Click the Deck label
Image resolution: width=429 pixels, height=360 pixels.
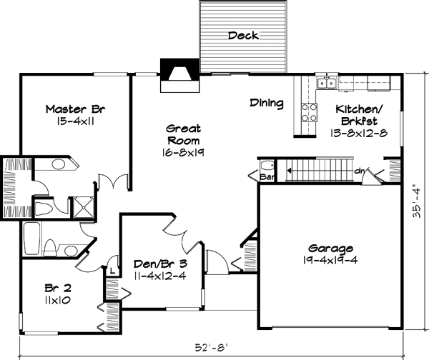pos(243,36)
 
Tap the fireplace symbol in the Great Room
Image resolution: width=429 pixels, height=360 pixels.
pos(179,75)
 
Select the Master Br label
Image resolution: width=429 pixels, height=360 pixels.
pos(75,109)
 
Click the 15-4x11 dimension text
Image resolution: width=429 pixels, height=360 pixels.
pos(76,121)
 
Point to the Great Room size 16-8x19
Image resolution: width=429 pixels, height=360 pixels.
pos(183,153)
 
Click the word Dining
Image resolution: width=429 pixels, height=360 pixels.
pos(267,103)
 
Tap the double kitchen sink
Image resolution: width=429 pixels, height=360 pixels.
pos(327,83)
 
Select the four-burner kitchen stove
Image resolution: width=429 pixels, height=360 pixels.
pos(309,112)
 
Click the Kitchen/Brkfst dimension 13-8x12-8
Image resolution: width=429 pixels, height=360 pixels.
pos(359,133)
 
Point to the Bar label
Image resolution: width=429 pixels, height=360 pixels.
pos(267,177)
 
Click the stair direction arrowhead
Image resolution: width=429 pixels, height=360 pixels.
pos(289,171)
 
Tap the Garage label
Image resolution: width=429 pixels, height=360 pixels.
pos(330,249)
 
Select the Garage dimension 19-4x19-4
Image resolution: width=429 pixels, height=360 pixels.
pos(330,260)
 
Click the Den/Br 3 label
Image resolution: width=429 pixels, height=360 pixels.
pos(160,264)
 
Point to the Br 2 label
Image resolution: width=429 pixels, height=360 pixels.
pos(58,288)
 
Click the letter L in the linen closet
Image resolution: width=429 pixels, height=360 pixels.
pos(112,271)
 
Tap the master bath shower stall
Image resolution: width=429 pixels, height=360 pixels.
pos(84,207)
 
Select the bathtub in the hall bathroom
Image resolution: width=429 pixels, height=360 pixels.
pos(31,239)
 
